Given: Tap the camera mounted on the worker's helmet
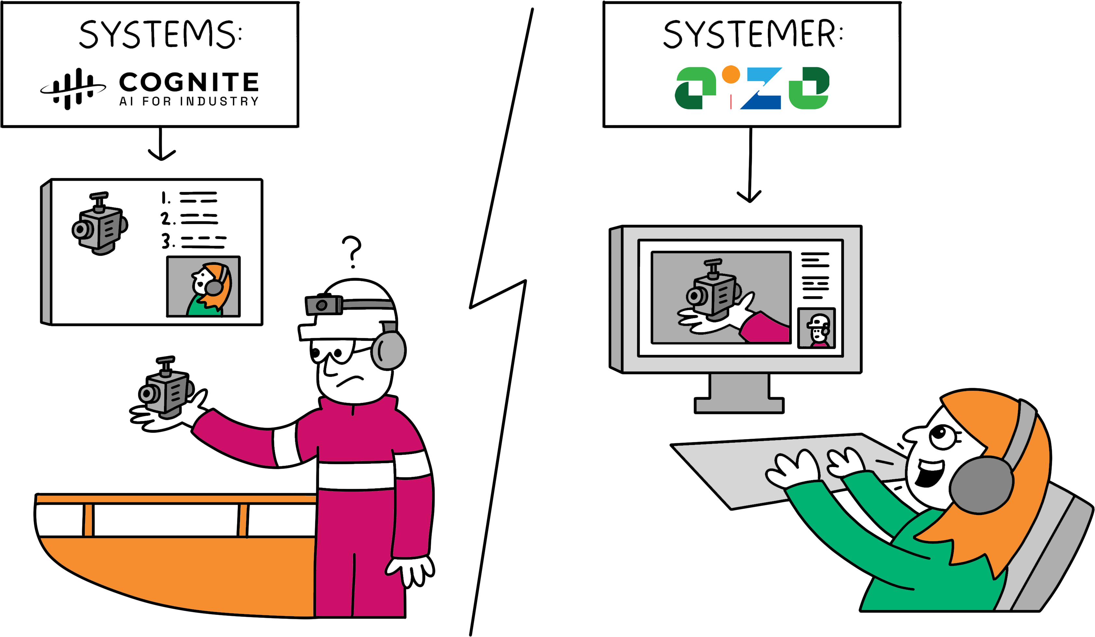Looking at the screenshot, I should tap(323, 304).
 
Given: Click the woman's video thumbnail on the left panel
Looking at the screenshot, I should tap(203, 287).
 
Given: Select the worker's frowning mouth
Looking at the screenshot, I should tap(349, 380).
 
